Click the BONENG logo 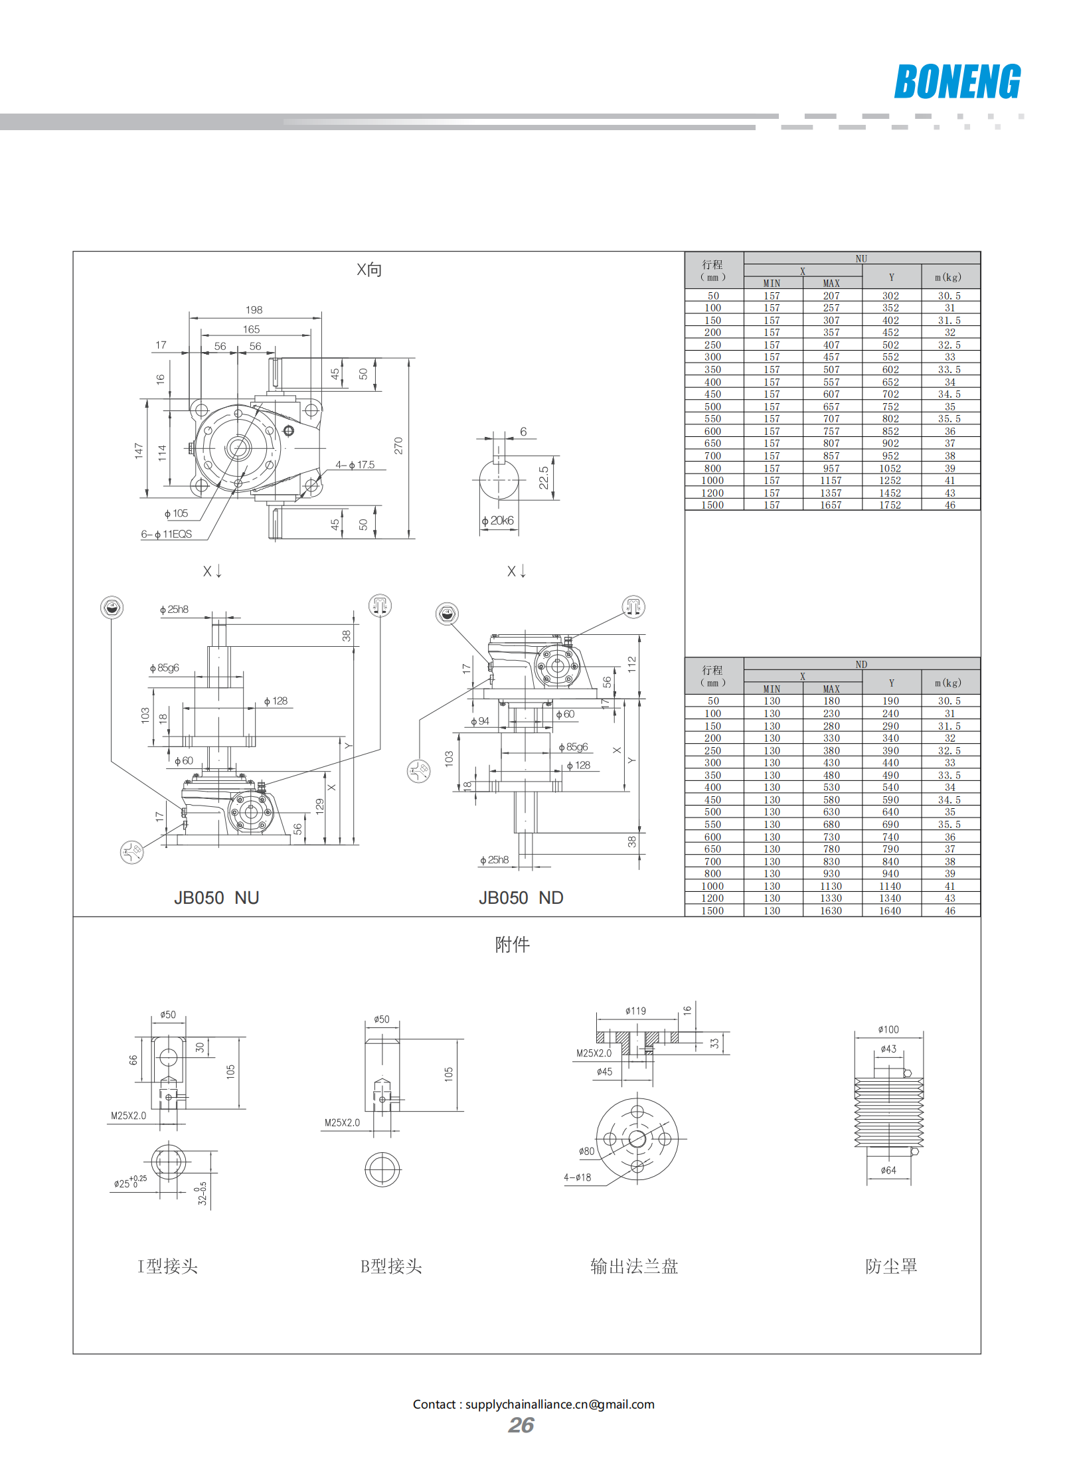(x=957, y=82)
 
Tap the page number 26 (x=521, y=1425)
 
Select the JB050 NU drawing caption (x=216, y=898)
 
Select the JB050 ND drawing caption (x=521, y=898)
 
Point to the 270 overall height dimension (x=398, y=446)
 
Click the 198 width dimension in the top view (x=254, y=310)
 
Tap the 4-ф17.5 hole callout (x=355, y=465)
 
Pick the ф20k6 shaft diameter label (x=498, y=521)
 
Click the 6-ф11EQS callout (x=166, y=534)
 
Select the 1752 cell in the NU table (x=890, y=505)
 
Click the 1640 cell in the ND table (x=890, y=911)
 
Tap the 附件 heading (x=512, y=944)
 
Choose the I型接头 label (x=167, y=1266)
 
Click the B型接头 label (x=391, y=1266)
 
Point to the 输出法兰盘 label (x=634, y=1266)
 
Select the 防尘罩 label (x=891, y=1266)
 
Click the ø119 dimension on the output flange (x=635, y=1011)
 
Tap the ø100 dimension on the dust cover (x=888, y=1029)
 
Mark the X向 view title (x=369, y=270)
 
